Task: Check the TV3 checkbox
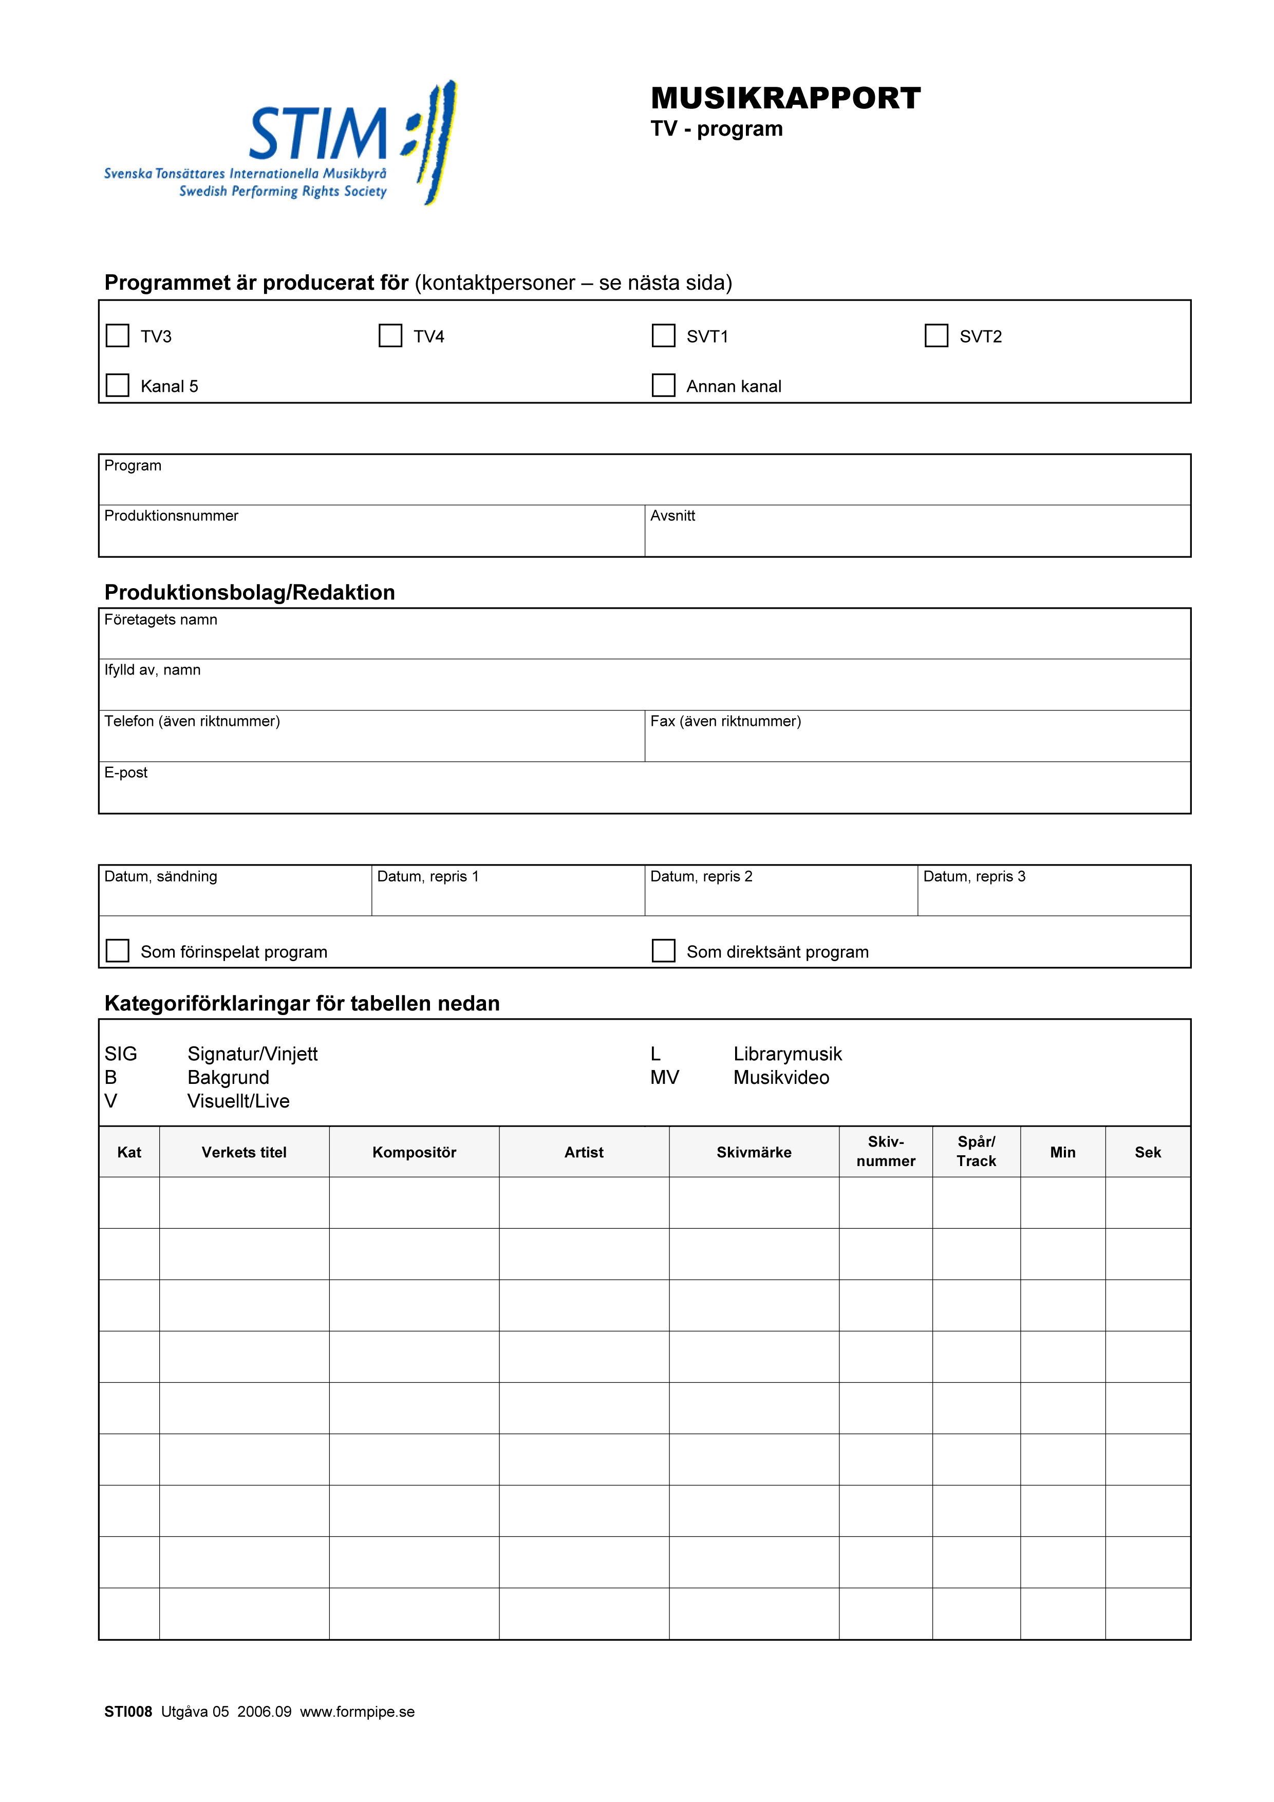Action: point(118,336)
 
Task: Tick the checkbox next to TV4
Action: point(390,336)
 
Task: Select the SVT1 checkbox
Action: point(663,336)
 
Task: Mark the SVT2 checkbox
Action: point(936,336)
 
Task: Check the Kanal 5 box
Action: point(118,385)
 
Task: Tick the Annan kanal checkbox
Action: point(663,385)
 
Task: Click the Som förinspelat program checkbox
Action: point(118,951)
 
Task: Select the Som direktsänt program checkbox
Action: point(663,951)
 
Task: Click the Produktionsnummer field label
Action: point(171,516)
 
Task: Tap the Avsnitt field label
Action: point(673,516)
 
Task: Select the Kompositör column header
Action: point(415,1152)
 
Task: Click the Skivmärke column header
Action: point(754,1152)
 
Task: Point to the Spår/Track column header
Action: point(976,1151)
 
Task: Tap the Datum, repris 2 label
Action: point(701,877)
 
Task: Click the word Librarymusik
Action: point(788,1054)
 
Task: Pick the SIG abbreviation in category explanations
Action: point(121,1054)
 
